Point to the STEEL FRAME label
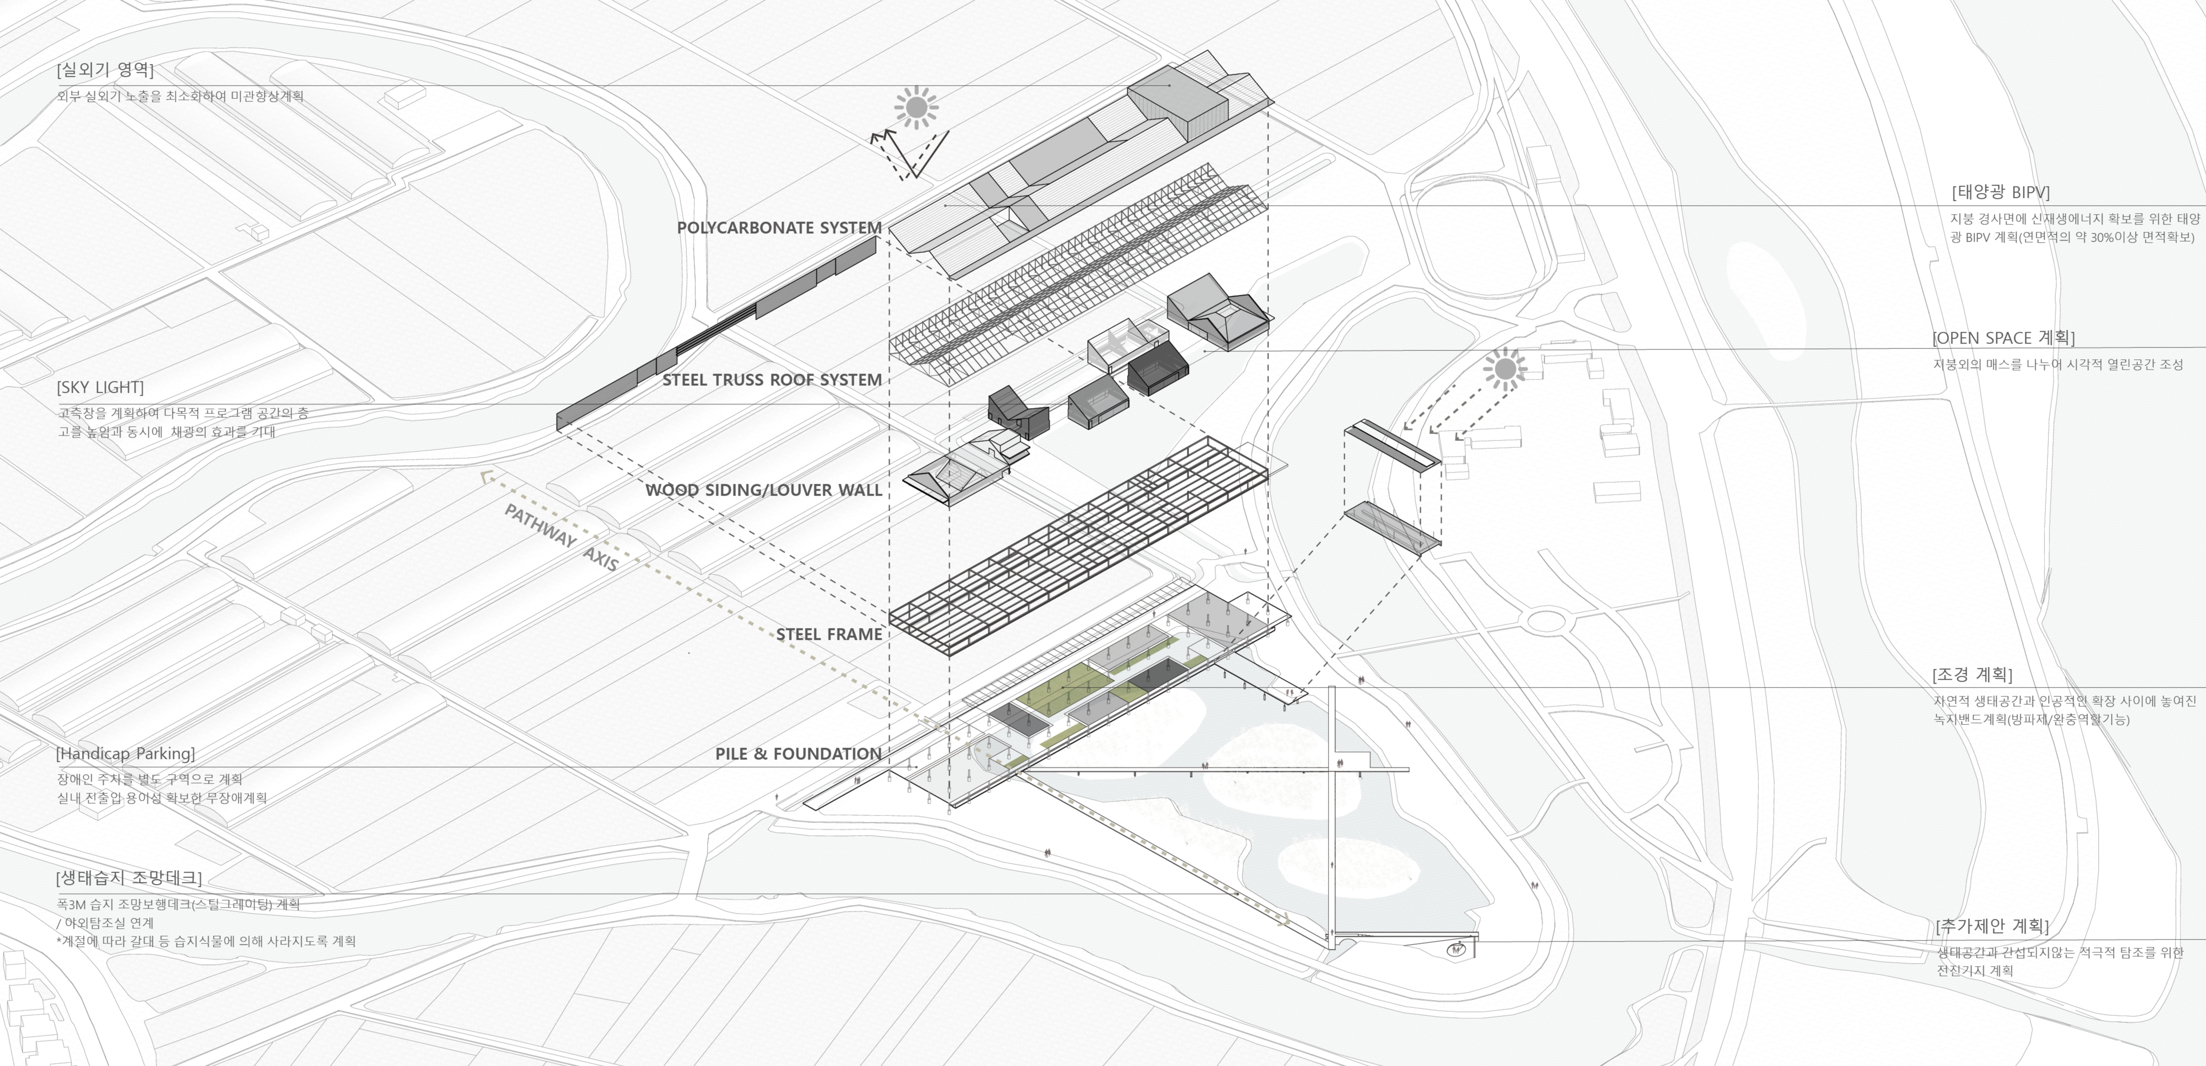click(x=828, y=634)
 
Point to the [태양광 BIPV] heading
click(x=2001, y=192)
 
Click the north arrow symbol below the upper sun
click(x=908, y=154)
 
